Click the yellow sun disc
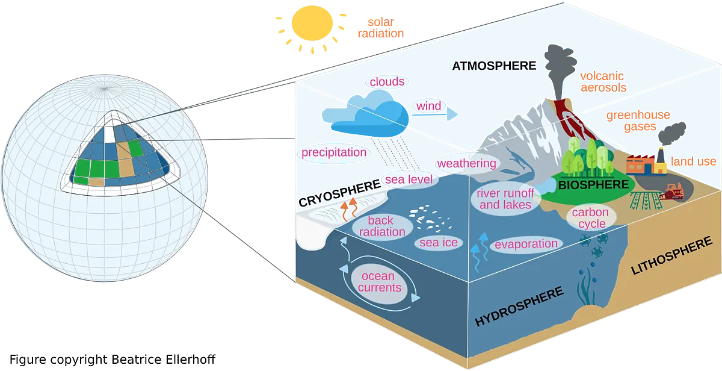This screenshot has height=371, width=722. click(x=312, y=23)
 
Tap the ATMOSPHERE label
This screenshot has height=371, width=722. click(x=494, y=66)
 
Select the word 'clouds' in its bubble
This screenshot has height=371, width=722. click(x=387, y=82)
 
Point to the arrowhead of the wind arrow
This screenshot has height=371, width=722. click(x=452, y=114)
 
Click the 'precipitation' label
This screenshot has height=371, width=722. click(x=334, y=152)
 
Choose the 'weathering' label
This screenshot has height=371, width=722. click(x=467, y=163)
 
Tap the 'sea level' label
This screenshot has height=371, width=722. click(x=409, y=179)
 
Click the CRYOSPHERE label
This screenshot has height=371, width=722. click(x=340, y=193)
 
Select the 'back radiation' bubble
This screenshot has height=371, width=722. click(x=382, y=226)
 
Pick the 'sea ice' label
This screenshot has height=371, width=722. click(x=439, y=242)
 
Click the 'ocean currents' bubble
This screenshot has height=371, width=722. click(x=380, y=282)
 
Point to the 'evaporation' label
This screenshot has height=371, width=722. click(x=526, y=244)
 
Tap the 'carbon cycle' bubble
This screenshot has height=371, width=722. click(x=591, y=218)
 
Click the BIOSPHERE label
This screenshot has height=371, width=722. click(x=593, y=184)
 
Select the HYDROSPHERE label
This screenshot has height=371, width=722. click(x=519, y=306)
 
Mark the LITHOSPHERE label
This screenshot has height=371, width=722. click(x=671, y=255)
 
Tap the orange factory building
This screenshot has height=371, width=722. click(x=641, y=164)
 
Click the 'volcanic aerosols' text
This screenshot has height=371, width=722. click(x=603, y=82)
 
